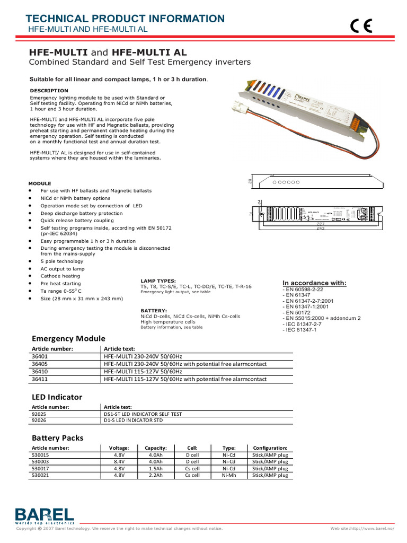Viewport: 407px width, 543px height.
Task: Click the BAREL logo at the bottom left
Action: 45,515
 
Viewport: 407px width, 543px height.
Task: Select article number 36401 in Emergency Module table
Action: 40,356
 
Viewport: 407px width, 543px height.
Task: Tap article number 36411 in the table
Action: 40,379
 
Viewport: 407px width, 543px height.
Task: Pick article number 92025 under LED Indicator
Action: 40,414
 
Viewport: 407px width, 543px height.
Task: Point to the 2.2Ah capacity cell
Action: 155,476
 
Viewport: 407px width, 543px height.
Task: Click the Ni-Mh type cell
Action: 229,476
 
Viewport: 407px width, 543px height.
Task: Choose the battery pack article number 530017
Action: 40,469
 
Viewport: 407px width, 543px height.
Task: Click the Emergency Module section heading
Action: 68,338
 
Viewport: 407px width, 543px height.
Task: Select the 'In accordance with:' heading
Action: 314,283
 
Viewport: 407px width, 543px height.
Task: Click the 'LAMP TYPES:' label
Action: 158,280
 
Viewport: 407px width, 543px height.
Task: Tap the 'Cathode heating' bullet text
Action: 60,276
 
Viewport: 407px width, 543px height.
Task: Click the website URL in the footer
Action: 363,528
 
